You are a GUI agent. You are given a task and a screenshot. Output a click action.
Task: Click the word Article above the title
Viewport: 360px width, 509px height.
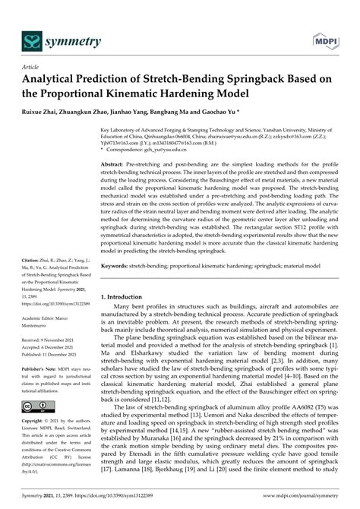coord(33,66)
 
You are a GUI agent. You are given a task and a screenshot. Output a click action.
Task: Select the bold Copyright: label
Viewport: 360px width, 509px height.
coord(34,420)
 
